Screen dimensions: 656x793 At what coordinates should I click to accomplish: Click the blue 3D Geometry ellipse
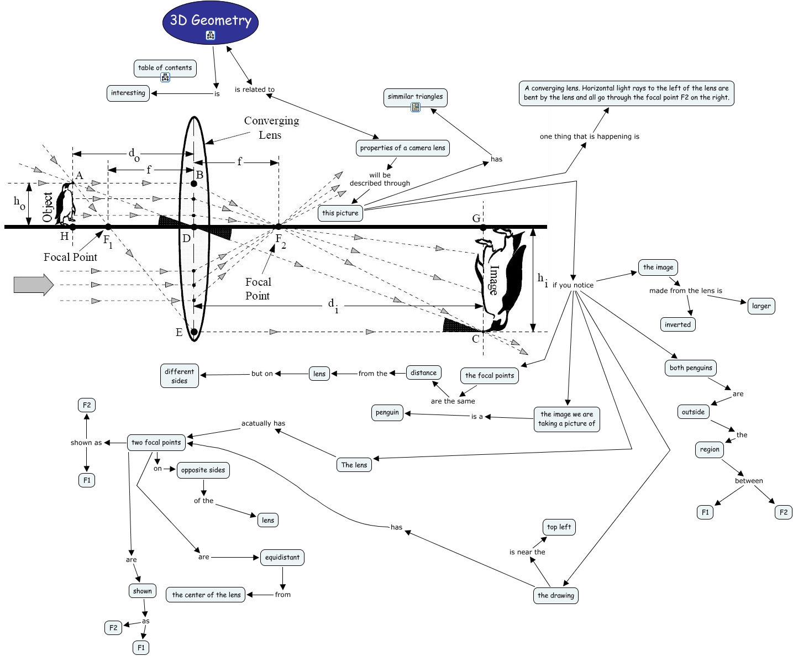[x=211, y=22]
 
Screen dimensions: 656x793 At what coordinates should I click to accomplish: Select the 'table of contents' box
[x=165, y=68]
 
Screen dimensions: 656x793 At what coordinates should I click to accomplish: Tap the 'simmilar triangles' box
[x=415, y=97]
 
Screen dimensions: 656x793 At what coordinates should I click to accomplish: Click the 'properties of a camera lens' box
[x=402, y=148]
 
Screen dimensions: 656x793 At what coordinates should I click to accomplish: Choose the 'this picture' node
[x=340, y=213]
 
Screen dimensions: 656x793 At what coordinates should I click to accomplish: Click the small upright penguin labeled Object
[x=66, y=203]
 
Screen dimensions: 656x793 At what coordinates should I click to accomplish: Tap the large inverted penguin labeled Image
[x=500, y=279]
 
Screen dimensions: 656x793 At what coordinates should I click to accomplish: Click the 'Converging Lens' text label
[x=271, y=128]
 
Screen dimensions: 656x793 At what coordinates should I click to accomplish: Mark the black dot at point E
[x=194, y=332]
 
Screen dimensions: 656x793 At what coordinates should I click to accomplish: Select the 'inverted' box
[x=678, y=325]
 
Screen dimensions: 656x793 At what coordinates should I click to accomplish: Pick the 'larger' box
[x=761, y=306]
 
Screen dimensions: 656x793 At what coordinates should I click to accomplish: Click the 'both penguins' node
[x=691, y=368]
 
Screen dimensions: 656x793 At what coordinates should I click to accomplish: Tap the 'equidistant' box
[x=282, y=558]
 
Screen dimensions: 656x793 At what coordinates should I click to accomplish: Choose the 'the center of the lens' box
[x=206, y=595]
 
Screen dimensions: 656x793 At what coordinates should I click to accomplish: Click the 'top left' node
[x=559, y=527]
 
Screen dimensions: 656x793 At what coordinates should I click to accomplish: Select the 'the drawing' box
[x=555, y=596]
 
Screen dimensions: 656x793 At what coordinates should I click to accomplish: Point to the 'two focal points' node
[x=156, y=443]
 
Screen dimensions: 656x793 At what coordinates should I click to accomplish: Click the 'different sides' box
[x=179, y=376]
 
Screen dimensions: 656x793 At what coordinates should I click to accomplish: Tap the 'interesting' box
[x=128, y=93]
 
